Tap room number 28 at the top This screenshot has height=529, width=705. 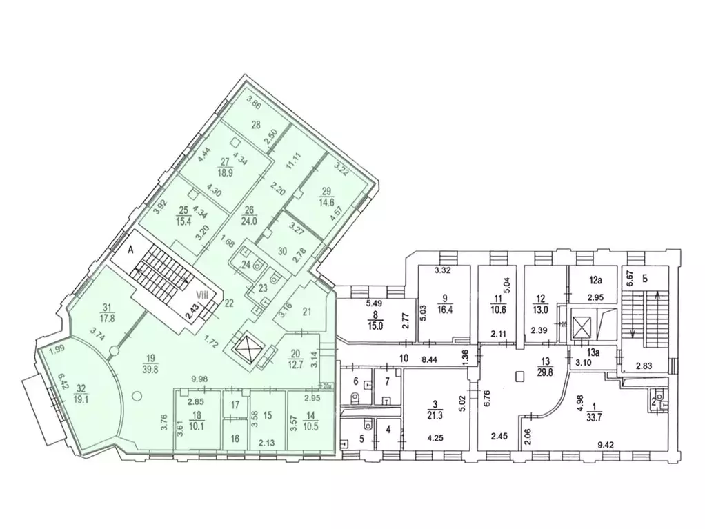coord(255,125)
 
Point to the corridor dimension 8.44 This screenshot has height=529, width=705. coord(429,359)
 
